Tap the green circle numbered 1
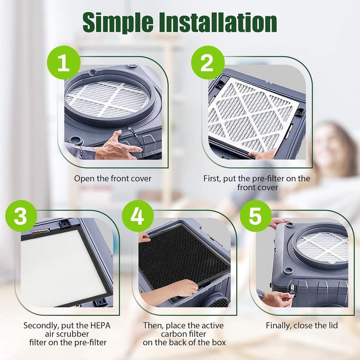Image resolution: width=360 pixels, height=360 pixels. coord(64,63)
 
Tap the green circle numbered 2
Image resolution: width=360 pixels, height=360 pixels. coord(208,63)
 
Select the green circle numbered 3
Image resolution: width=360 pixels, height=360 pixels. coord(21,216)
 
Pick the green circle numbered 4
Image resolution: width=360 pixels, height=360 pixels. coord(138,216)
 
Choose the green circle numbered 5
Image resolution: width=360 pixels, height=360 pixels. coord(256,216)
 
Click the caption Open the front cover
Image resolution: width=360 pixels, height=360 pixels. coord(113,178)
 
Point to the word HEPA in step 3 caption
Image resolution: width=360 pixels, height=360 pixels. coord(100,325)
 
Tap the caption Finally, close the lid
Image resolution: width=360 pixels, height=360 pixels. coord(302,325)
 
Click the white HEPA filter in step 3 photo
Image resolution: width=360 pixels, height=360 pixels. coord(64,267)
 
